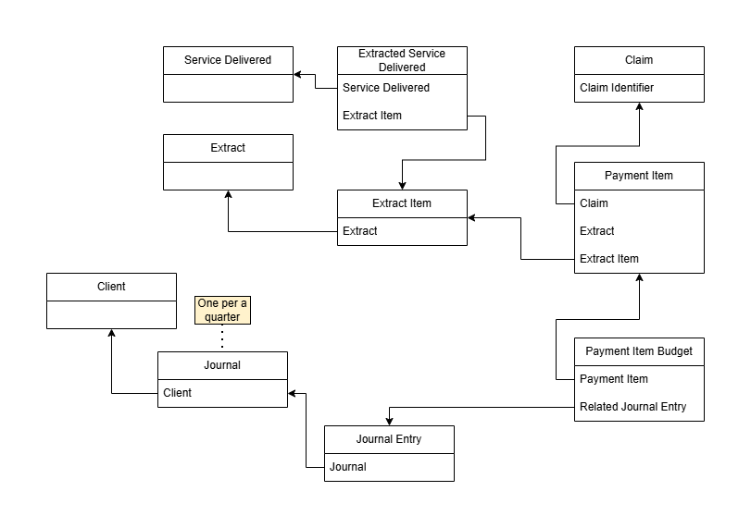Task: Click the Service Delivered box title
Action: [228, 60]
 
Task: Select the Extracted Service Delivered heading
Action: [401, 60]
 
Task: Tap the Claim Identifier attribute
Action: [617, 88]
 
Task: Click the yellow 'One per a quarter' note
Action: [223, 310]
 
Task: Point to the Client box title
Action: [111, 287]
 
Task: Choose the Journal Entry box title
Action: [389, 439]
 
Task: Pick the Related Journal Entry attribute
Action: [633, 407]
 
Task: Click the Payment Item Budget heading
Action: [639, 351]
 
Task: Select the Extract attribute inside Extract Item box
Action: [360, 231]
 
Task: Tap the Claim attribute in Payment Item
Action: [594, 203]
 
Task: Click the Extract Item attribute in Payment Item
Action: [609, 259]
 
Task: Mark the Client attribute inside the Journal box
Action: [177, 393]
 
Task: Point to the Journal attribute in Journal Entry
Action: [348, 467]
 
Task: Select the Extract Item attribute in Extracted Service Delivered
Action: [372, 116]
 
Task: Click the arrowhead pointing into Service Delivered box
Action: [298, 75]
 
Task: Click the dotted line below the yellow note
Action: [223, 338]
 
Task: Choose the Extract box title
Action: [228, 148]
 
